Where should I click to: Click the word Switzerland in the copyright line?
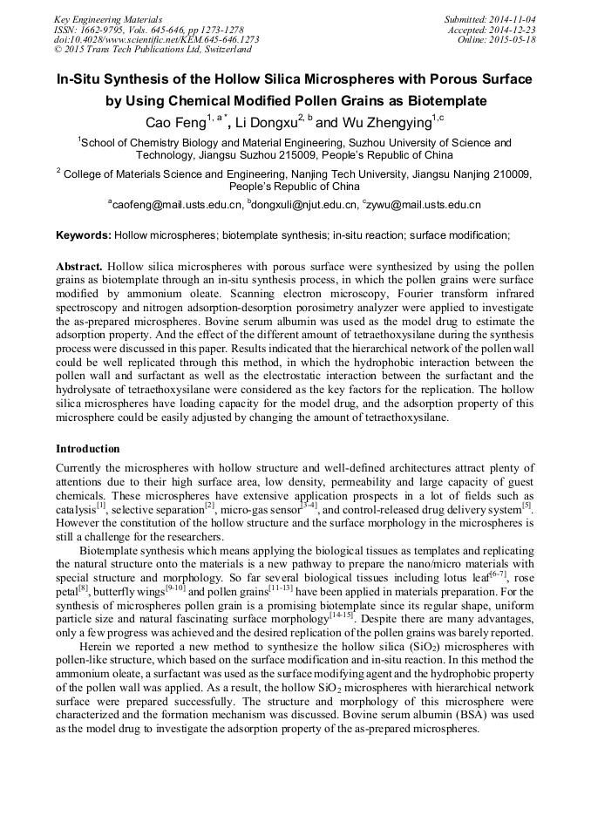point(221,50)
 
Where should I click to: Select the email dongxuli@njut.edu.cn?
point(305,205)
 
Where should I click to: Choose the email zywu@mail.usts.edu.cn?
point(425,205)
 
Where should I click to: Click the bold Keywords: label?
point(83,235)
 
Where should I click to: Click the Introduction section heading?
point(88,449)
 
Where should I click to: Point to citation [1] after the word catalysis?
point(101,505)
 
